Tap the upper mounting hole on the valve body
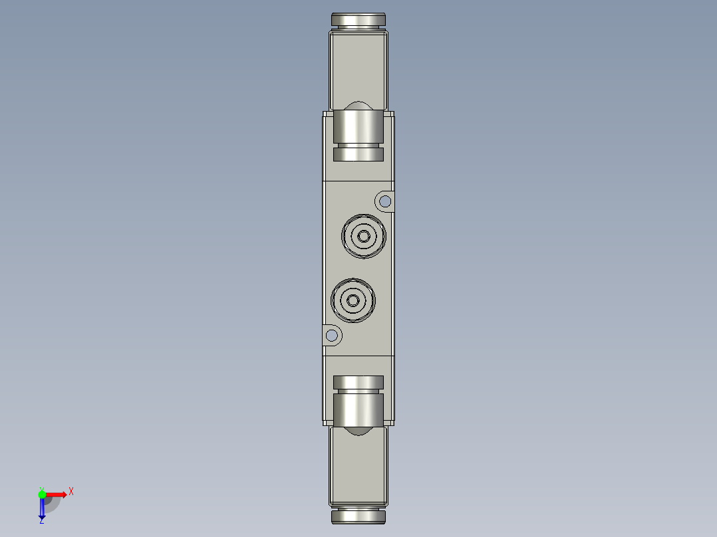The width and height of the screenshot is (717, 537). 384,201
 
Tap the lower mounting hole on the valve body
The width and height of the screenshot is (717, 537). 331,336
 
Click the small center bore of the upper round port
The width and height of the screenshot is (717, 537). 363,235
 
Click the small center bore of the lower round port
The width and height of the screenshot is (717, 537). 353,301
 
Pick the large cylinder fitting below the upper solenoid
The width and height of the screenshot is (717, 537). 358,126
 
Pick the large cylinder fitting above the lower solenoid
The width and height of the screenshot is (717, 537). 358,409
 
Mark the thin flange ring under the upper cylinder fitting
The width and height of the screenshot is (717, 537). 358,155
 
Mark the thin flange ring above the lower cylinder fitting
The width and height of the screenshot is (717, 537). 358,382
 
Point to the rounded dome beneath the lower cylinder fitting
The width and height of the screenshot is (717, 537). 358,431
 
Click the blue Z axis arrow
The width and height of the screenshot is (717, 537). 42,509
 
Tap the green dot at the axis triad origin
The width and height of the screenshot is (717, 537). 42,494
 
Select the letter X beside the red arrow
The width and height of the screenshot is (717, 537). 71,491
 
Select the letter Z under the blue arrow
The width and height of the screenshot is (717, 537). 41,522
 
